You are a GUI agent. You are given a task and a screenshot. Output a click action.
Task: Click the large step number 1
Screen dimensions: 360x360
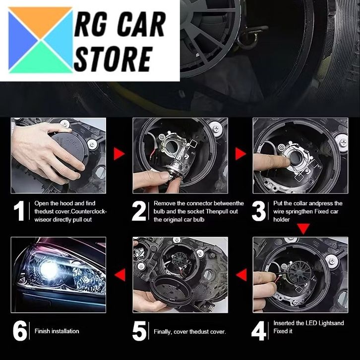click(x=19, y=211)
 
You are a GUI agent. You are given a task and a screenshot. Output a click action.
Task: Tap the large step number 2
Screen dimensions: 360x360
click(x=139, y=211)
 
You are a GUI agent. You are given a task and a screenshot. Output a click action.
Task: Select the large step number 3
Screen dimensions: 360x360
click(x=259, y=211)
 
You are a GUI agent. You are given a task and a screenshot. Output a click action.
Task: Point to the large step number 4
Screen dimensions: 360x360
click(x=259, y=331)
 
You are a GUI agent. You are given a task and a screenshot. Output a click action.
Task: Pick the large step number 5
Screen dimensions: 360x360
click(x=139, y=331)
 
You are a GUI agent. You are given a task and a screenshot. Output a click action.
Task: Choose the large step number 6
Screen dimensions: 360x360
click(x=20, y=331)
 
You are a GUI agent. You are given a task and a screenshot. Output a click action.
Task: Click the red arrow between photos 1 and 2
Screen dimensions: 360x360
click(x=119, y=154)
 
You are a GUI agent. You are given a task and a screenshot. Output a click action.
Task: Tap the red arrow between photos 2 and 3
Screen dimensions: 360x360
click(x=240, y=154)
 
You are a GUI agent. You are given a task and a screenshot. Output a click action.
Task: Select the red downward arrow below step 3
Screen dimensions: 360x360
click(x=303, y=229)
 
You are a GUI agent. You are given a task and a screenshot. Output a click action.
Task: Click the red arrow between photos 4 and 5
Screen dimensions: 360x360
click(x=241, y=275)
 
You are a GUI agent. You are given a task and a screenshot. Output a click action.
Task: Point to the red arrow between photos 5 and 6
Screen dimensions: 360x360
click(x=120, y=275)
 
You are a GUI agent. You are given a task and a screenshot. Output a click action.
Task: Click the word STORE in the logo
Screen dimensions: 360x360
click(x=114, y=59)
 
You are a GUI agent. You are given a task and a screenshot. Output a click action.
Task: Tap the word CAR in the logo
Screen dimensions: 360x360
click(x=142, y=24)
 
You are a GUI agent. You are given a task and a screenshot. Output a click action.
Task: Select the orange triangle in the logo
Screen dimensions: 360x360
click(x=41, y=18)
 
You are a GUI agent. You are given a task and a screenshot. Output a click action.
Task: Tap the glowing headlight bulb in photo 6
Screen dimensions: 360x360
click(x=49, y=269)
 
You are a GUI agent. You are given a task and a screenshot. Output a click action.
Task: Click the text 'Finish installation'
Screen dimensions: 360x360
click(x=57, y=331)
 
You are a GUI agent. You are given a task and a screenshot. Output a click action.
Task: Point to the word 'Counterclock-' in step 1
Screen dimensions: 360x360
click(x=89, y=211)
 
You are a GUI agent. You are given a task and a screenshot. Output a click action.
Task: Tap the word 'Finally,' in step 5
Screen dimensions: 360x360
click(x=163, y=332)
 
